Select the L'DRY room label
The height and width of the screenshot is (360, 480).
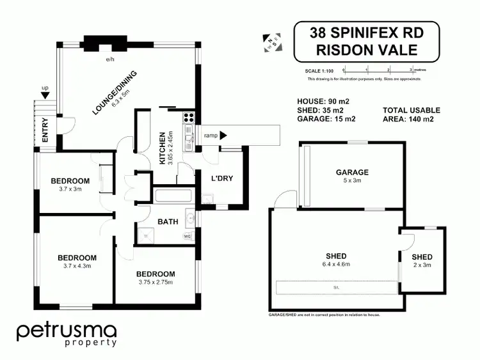221,178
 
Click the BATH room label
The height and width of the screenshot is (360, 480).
168,222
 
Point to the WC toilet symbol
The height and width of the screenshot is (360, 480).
188,237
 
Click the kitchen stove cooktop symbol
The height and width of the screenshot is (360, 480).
189,117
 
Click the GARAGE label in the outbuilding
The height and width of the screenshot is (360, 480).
353,172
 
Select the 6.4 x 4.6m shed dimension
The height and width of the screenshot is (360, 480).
337,264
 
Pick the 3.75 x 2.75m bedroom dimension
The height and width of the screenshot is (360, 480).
156,282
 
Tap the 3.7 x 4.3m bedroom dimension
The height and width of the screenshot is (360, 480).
77,266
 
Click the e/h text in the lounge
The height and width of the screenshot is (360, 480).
110,59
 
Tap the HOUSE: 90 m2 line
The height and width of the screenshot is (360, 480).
323,101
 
